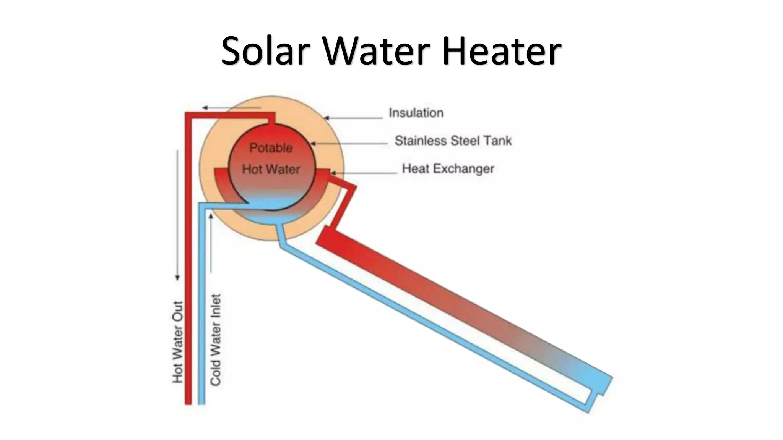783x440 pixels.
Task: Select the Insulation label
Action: pos(416,113)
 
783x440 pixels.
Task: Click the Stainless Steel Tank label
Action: pos(453,141)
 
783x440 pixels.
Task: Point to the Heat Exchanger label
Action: pos(448,168)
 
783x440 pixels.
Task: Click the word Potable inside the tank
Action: pos(271,148)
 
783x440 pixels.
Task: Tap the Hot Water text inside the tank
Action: pos(271,169)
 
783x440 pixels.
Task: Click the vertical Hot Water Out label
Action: pos(178,342)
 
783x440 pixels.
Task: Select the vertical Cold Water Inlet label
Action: pos(216,340)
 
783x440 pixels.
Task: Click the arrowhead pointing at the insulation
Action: pos(326,118)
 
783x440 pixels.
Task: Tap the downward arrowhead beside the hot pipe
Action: pos(177,278)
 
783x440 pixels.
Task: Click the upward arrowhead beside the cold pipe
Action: pos(211,217)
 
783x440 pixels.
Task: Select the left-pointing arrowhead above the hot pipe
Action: pos(205,108)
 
